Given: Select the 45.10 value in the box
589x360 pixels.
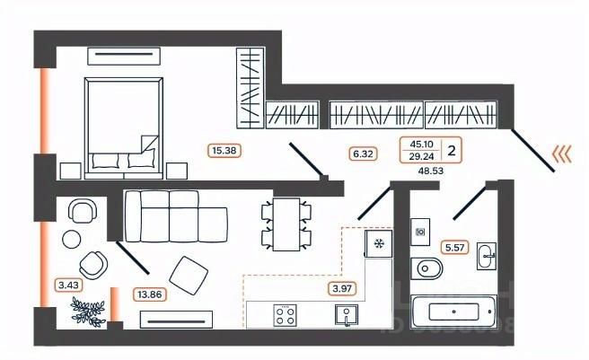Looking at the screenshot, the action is pos(419,144).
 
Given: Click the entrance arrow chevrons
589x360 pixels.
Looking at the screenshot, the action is pos(562,154).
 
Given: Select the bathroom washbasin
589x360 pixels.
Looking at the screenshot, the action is pos(488,254).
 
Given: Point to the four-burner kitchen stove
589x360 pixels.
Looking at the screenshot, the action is pos(286,314).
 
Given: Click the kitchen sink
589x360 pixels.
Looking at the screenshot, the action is pos(346,314).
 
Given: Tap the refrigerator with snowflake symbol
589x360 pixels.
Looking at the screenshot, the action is pos(378,243).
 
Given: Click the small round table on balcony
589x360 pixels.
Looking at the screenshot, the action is pos(69,239).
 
